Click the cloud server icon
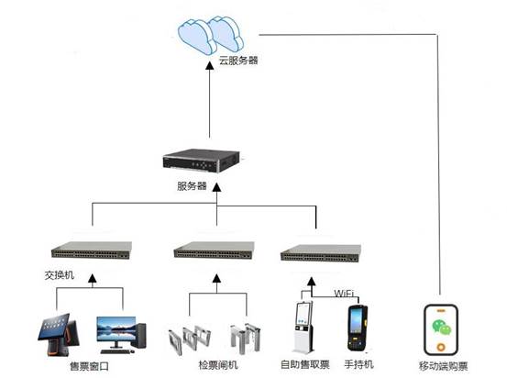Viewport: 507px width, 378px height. pyautogui.click(x=211, y=35)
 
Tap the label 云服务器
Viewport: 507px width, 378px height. pyautogui.click(x=238, y=61)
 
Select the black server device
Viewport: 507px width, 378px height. pyautogui.click(x=202, y=161)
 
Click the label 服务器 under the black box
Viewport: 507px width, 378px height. pyautogui.click(x=192, y=185)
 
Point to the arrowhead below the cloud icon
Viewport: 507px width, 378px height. pyautogui.click(x=210, y=65)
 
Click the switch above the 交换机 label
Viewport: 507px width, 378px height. pyautogui.click(x=92, y=250)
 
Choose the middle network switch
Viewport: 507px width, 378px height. pyautogui.click(x=214, y=250)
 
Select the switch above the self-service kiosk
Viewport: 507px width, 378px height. pyautogui.click(x=321, y=253)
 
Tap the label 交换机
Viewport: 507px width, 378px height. pyautogui.click(x=60, y=275)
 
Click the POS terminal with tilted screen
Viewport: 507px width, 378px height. pyautogui.click(x=58, y=334)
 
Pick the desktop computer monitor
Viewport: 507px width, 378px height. pyautogui.click(x=116, y=328)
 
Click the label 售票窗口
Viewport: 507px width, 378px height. pyautogui.click(x=89, y=366)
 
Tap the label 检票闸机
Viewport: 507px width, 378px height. pyautogui.click(x=218, y=365)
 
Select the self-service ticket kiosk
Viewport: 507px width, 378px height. pyautogui.click(x=303, y=328)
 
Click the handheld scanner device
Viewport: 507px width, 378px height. pyautogui.click(x=357, y=328)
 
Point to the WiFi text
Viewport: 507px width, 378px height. pyautogui.click(x=344, y=294)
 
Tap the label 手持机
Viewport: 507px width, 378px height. pyautogui.click(x=358, y=364)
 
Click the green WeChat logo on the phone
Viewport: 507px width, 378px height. pyautogui.click(x=441, y=327)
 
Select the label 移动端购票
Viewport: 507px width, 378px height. pyautogui.click(x=444, y=366)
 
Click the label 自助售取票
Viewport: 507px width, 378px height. pyautogui.click(x=305, y=364)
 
